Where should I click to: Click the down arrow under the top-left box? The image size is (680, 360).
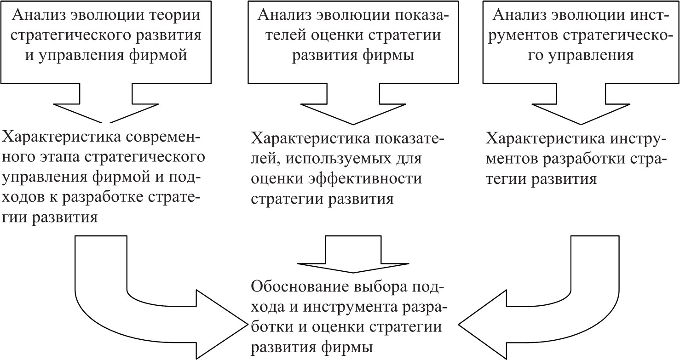pyautogui.click(x=106, y=103)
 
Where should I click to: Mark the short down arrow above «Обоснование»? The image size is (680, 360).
pyautogui.click(x=353, y=254)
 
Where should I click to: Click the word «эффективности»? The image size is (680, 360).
pyautogui.click(x=365, y=178)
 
